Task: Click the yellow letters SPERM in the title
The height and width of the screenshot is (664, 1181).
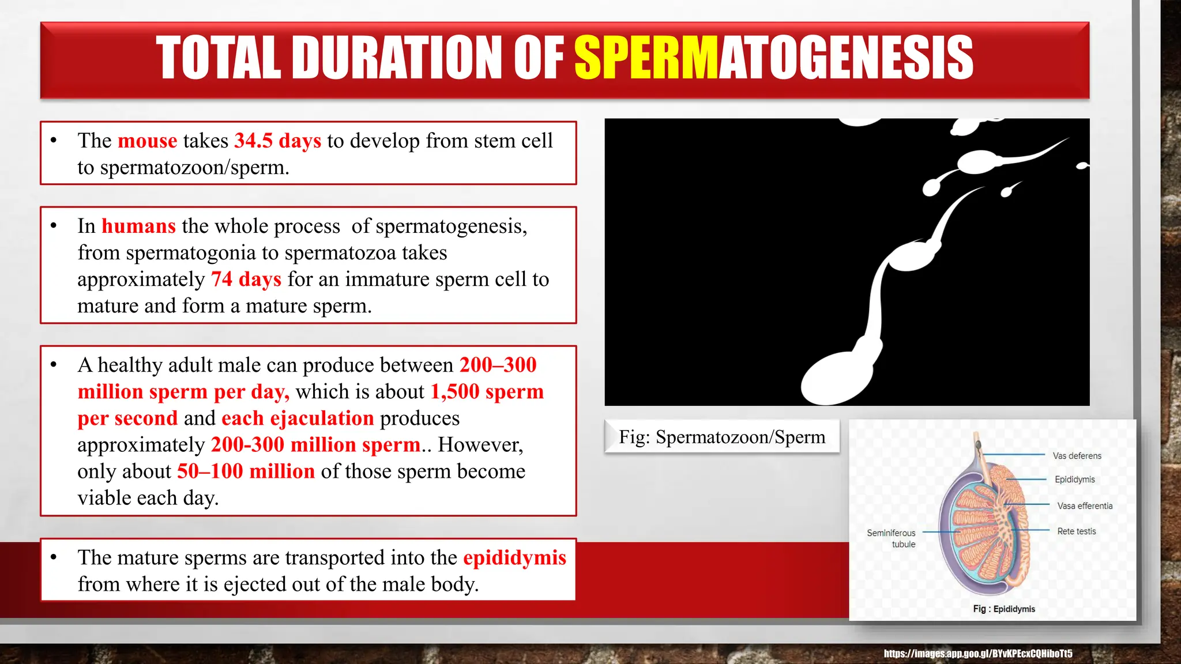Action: point(646,57)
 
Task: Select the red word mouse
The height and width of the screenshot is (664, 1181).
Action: point(148,141)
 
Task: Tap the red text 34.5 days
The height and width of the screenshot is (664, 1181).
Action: point(277,141)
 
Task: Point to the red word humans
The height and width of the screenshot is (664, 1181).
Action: point(138,226)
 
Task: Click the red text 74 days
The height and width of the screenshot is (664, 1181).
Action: point(246,279)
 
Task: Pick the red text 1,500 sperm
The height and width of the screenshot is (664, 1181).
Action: point(487,391)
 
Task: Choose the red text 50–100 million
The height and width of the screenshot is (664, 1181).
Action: point(246,471)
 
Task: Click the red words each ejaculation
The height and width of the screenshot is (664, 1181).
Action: point(298,418)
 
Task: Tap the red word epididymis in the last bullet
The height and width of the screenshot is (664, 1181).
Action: point(514,557)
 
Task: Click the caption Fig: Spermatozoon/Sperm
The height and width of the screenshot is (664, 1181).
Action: point(721,437)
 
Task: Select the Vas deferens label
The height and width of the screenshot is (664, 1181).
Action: point(1077,456)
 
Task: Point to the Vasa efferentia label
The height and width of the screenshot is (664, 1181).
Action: point(1085,506)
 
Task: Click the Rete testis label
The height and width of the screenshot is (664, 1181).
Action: point(1076,531)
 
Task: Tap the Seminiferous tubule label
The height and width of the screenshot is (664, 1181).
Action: point(892,538)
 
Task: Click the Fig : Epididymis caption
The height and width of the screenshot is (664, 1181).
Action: point(1003,609)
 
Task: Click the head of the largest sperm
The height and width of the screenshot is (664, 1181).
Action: point(836,378)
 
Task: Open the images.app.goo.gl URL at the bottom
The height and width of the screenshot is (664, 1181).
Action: point(977,654)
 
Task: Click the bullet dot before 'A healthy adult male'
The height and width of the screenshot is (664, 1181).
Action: point(54,365)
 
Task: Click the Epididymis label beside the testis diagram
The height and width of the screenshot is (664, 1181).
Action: point(1074,480)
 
